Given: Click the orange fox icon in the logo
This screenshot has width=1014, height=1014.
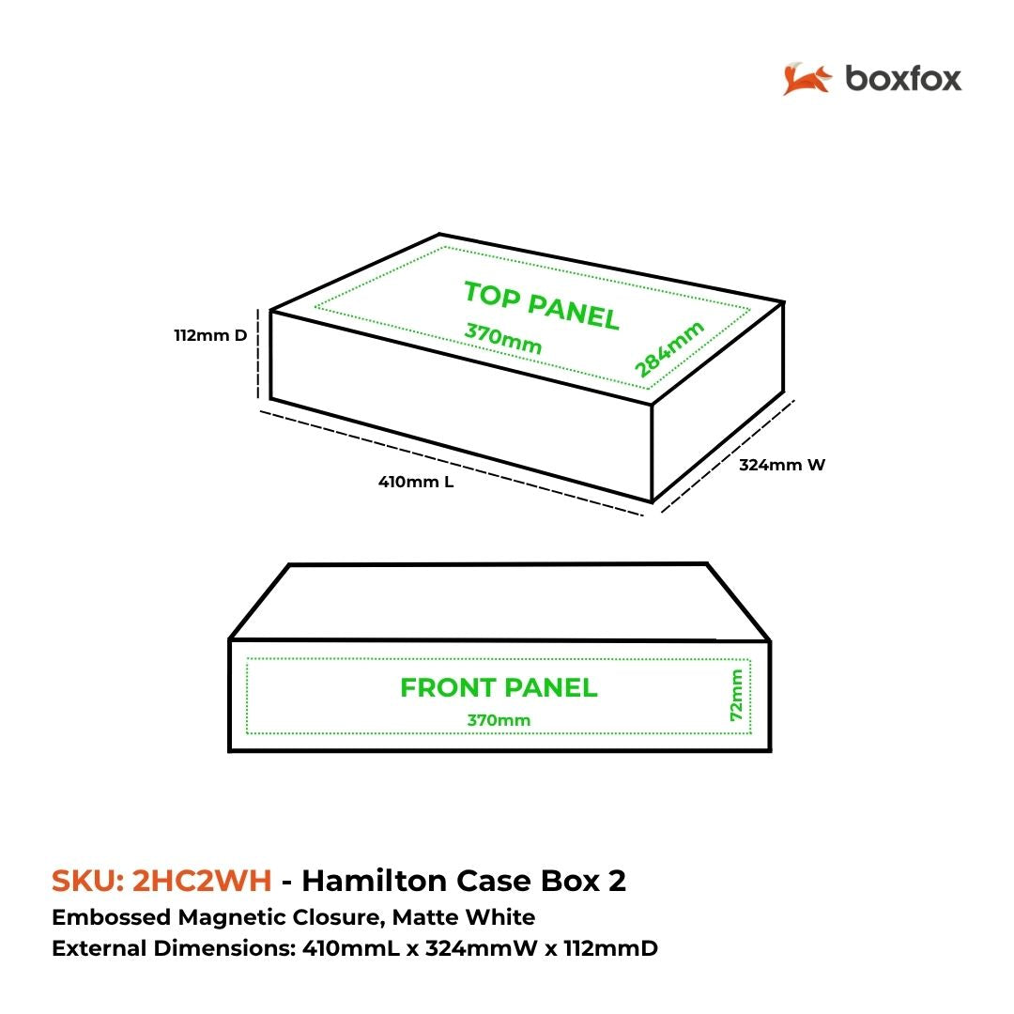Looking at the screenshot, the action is [x=807, y=79].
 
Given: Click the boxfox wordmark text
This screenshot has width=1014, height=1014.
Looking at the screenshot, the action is [x=903, y=79].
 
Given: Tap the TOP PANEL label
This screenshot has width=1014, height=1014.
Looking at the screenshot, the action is [x=542, y=306].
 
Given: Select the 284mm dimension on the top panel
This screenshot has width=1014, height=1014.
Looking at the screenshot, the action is [x=668, y=349].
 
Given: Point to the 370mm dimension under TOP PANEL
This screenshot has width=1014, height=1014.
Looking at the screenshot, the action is [x=503, y=339].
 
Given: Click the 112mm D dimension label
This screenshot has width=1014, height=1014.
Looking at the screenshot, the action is [x=210, y=335].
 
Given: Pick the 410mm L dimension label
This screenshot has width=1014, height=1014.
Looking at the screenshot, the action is [x=416, y=482].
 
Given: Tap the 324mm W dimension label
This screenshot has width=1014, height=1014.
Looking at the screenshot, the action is [x=782, y=465].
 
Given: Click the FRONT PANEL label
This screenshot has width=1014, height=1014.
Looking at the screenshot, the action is [x=499, y=687].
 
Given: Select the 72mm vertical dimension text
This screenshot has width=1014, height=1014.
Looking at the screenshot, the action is [x=736, y=695].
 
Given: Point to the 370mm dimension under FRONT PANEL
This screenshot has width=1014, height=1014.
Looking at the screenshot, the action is [x=499, y=720].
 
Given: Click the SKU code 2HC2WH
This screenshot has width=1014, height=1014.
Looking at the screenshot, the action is [x=202, y=881].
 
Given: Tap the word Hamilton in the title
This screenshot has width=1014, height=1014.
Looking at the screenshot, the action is [x=375, y=881].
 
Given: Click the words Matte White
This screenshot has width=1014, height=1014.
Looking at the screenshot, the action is [x=464, y=917].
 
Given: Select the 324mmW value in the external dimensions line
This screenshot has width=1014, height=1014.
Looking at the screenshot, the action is [x=481, y=948].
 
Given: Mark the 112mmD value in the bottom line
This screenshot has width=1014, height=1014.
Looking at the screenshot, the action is [x=610, y=948].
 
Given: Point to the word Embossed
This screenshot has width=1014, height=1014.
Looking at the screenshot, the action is [x=111, y=917].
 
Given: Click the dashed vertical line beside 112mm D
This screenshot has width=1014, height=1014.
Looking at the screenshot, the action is [x=258, y=354].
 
